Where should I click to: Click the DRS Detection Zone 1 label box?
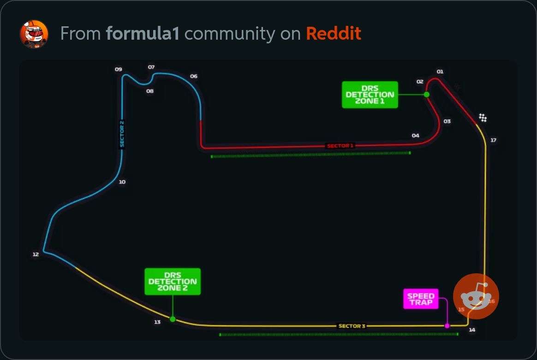pyautogui.click(x=370, y=95)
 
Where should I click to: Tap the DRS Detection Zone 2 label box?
pyautogui.click(x=173, y=282)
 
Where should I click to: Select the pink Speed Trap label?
pyautogui.click(x=421, y=299)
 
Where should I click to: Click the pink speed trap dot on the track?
pyautogui.click(x=447, y=326)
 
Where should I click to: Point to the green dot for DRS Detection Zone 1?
pyautogui.click(x=427, y=95)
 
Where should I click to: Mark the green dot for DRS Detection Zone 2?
pyautogui.click(x=173, y=319)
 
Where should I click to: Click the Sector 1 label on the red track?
pyautogui.click(x=340, y=146)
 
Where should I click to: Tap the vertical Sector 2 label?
pyautogui.click(x=122, y=134)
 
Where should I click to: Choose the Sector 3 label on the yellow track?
pyautogui.click(x=352, y=326)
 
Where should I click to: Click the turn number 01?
pyautogui.click(x=440, y=72)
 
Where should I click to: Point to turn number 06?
pyautogui.click(x=194, y=76)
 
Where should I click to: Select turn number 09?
pyautogui.click(x=119, y=69)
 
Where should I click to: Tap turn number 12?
pyautogui.click(x=36, y=254)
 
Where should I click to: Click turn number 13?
pyautogui.click(x=157, y=322)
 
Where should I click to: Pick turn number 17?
pyautogui.click(x=493, y=140)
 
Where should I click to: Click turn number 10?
pyautogui.click(x=122, y=182)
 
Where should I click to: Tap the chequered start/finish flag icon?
pyautogui.click(x=483, y=118)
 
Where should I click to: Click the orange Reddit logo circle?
pyautogui.click(x=476, y=296)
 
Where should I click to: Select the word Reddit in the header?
pyautogui.click(x=334, y=34)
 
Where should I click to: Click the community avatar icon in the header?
pyautogui.click(x=34, y=34)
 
